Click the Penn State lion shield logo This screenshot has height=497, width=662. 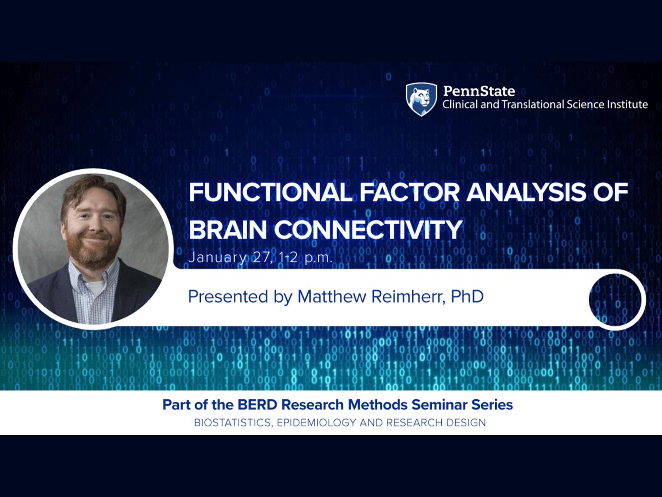pos(421,99)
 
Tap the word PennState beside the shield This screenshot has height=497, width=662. pos(479,91)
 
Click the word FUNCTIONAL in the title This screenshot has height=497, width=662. pos(271,192)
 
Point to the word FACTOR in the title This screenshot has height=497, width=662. pos(410,192)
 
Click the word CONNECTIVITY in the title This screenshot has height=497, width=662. pos(368,230)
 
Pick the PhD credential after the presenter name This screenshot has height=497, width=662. pos(467,296)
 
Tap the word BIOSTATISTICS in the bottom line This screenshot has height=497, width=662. pos(234,423)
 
